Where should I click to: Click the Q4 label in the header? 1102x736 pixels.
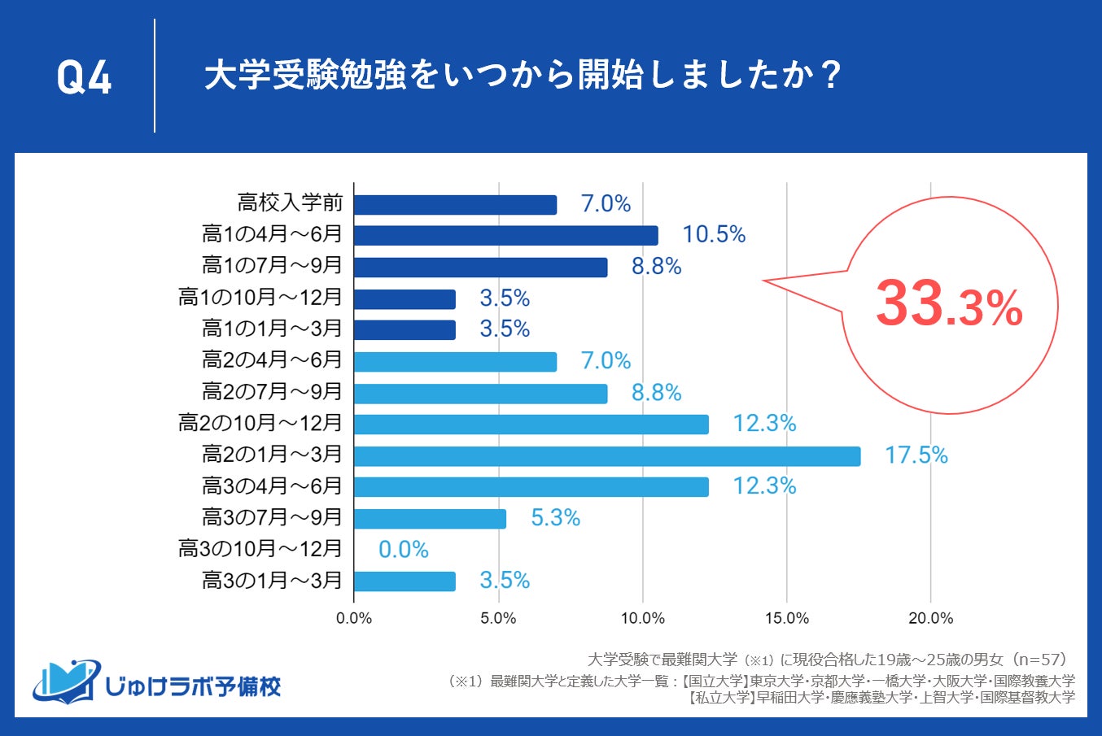click(x=84, y=78)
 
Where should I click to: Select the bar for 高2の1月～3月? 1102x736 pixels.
click(x=607, y=455)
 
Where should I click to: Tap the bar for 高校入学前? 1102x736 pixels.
click(x=455, y=204)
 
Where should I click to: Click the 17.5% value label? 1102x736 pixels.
click(x=916, y=455)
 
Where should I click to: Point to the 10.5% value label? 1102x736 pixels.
click(x=714, y=235)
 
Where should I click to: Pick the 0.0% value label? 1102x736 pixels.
click(x=403, y=550)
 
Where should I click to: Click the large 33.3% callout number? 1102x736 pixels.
click(x=948, y=304)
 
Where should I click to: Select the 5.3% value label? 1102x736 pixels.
click(x=555, y=518)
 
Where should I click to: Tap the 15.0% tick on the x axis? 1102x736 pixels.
click(x=786, y=618)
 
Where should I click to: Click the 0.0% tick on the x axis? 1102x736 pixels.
click(x=354, y=618)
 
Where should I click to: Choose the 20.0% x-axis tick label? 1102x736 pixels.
click(x=930, y=618)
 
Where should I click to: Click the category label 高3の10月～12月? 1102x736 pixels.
click(x=260, y=549)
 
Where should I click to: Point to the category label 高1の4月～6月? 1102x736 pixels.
click(x=272, y=234)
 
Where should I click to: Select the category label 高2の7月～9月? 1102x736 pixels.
click(x=272, y=392)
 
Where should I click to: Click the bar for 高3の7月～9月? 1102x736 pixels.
click(x=430, y=518)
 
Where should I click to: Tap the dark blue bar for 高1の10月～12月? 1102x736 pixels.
click(x=405, y=298)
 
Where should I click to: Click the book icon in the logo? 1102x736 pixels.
click(x=65, y=682)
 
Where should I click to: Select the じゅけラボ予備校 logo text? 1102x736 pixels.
click(x=193, y=686)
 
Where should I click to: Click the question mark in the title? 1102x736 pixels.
click(x=830, y=76)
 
